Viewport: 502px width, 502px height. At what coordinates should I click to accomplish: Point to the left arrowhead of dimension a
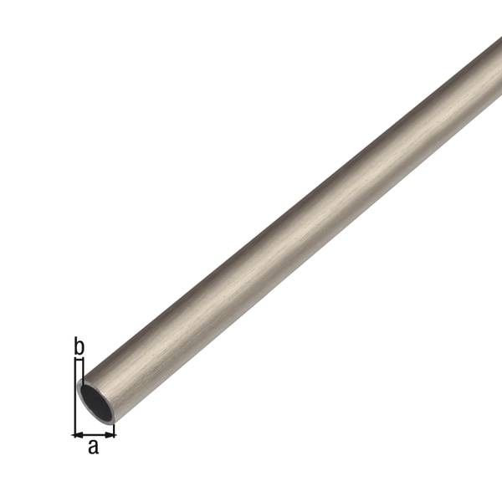[x=77, y=434]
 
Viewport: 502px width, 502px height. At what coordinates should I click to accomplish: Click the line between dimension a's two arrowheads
[x=94, y=434]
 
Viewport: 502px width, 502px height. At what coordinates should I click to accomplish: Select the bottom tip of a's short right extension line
[x=115, y=437]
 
